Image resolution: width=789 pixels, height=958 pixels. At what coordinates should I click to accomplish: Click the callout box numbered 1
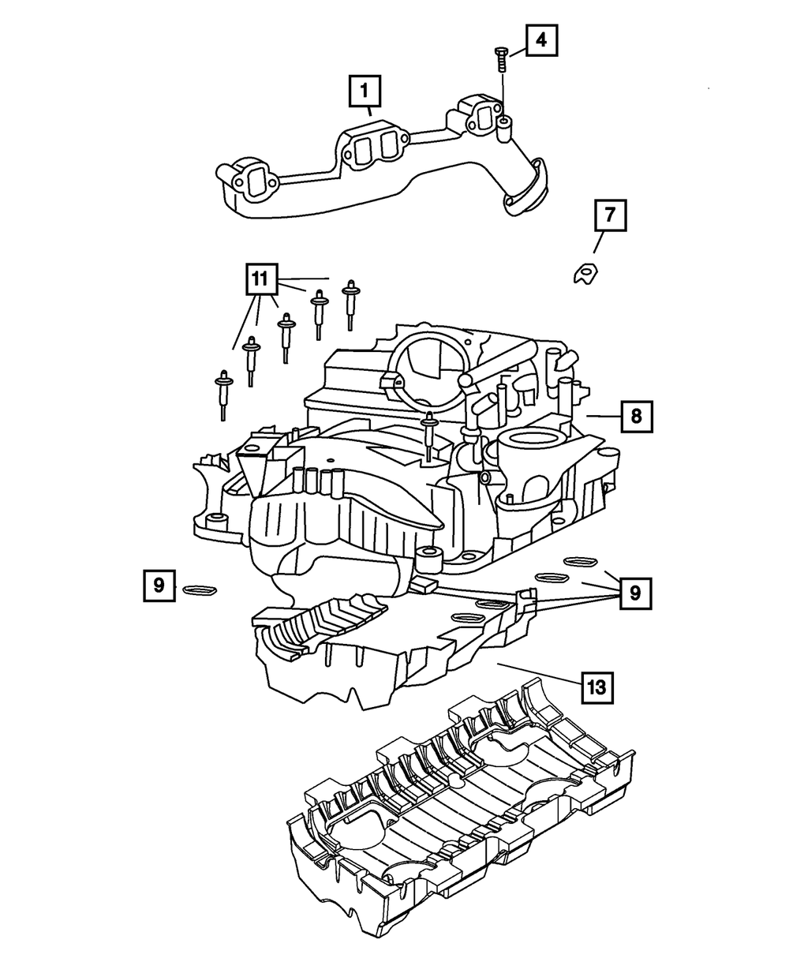click(x=365, y=92)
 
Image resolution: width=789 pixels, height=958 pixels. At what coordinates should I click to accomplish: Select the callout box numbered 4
click(x=541, y=39)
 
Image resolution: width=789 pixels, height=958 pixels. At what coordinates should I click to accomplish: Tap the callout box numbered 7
click(x=610, y=215)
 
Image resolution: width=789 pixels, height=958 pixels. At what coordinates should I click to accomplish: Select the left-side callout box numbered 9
click(x=159, y=586)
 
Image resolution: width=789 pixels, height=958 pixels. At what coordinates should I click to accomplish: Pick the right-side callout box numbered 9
click(x=636, y=591)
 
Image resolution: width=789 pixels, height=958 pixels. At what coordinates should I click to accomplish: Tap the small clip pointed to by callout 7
click(x=584, y=272)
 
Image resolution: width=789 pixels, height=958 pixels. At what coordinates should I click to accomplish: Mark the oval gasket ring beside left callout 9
click(x=200, y=589)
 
